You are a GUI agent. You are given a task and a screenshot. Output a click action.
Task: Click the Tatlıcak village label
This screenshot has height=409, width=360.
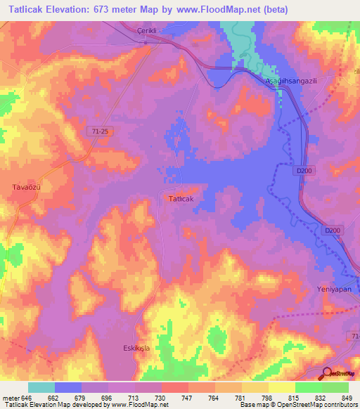181,199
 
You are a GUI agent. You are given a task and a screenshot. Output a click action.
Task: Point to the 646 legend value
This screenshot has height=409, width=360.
26,398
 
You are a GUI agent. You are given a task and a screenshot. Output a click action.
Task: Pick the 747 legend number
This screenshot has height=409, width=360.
188,398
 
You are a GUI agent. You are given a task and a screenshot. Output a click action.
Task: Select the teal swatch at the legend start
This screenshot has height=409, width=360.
41,387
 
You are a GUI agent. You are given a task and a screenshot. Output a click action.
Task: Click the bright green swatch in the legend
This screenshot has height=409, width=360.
309,387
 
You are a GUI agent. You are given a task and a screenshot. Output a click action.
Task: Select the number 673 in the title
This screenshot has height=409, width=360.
112,9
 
